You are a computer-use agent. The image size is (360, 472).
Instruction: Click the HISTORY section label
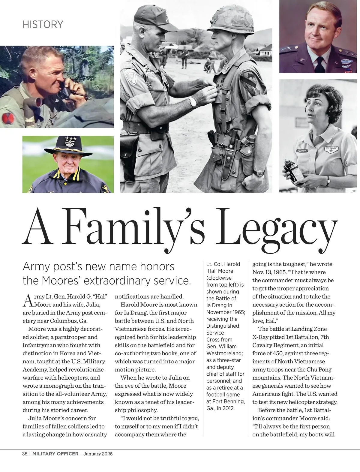43,24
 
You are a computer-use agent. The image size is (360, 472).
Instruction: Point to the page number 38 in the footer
25,454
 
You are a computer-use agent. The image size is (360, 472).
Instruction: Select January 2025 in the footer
98,454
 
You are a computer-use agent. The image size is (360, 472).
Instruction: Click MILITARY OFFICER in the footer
55,454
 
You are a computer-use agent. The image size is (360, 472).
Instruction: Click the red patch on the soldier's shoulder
8,119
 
